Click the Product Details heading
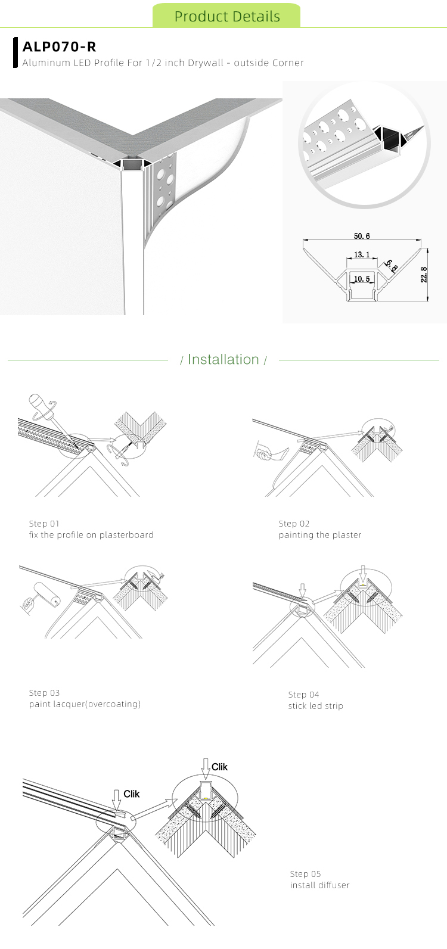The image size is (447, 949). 227,17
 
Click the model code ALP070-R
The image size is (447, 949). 59,46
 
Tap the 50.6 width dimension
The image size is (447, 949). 362,237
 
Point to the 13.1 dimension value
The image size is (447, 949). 362,254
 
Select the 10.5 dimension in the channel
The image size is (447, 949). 362,279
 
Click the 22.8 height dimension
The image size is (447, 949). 424,275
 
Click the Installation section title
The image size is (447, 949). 223,359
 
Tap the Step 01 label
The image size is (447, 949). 44,524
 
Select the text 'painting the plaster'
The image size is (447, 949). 320,535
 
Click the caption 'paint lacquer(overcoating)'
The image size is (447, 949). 85,704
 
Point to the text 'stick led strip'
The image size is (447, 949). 315,706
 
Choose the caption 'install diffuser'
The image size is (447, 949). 319,885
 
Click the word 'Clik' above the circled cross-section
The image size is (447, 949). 219,767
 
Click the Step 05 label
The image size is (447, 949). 305,874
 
